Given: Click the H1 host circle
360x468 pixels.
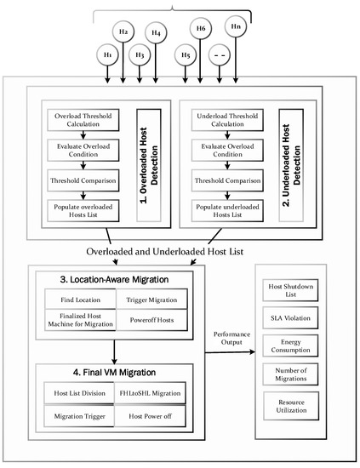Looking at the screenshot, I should tap(108, 54).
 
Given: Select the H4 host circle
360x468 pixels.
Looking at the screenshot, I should tap(157, 35).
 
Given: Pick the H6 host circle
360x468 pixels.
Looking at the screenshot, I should tap(201, 29).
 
